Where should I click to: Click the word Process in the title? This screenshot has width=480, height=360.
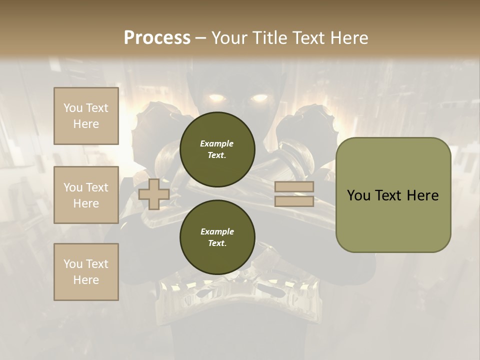pyautogui.click(x=157, y=38)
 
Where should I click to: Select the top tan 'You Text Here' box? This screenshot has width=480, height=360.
pyautogui.click(x=86, y=116)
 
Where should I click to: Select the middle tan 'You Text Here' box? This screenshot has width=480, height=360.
pyautogui.click(x=86, y=195)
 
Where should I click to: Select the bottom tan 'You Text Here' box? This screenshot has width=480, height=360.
pyautogui.click(x=86, y=272)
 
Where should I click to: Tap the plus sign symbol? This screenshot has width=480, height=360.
pyautogui.click(x=154, y=194)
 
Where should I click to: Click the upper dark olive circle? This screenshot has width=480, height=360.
pyautogui.click(x=217, y=149)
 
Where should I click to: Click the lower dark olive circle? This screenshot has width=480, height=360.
pyautogui.click(x=217, y=237)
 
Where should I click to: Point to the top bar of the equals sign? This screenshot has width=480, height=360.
pyautogui.click(x=294, y=187)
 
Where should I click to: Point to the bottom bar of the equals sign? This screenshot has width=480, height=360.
pyautogui.click(x=294, y=201)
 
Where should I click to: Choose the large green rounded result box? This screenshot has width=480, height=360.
pyautogui.click(x=393, y=195)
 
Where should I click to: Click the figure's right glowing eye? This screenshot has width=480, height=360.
pyautogui.click(x=259, y=97)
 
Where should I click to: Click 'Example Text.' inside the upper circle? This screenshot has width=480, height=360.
pyautogui.click(x=217, y=149)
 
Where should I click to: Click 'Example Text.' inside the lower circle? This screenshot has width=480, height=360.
pyautogui.click(x=217, y=237)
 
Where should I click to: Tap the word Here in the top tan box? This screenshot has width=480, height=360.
pyautogui.click(x=86, y=124)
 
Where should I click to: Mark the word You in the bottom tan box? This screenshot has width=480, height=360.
pyautogui.click(x=73, y=264)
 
